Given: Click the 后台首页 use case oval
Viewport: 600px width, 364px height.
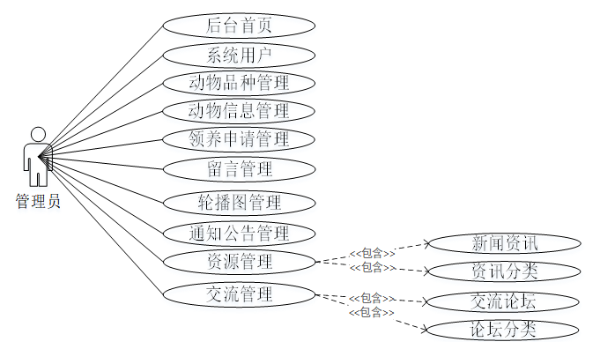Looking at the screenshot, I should [239, 25].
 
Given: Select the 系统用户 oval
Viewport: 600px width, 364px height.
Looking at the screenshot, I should [239, 55].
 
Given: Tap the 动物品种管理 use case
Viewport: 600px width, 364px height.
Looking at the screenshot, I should [239, 84].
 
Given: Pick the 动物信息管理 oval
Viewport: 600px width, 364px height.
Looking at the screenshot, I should [239, 111].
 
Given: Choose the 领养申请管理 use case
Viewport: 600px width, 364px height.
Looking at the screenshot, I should [239, 138].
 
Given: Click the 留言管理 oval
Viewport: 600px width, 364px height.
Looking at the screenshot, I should [239, 167].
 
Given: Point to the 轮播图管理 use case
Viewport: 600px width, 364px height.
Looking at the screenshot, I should [239, 202].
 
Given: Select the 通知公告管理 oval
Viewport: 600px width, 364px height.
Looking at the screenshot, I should [239, 234].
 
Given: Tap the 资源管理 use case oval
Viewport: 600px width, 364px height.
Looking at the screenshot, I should [239, 261].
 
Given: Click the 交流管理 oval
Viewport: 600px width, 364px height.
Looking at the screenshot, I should [239, 293].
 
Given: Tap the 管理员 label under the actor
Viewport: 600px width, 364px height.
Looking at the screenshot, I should [38, 202].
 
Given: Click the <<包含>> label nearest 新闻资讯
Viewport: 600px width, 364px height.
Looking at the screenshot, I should [372, 254].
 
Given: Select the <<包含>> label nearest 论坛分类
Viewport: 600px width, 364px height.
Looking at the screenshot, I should [372, 312].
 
